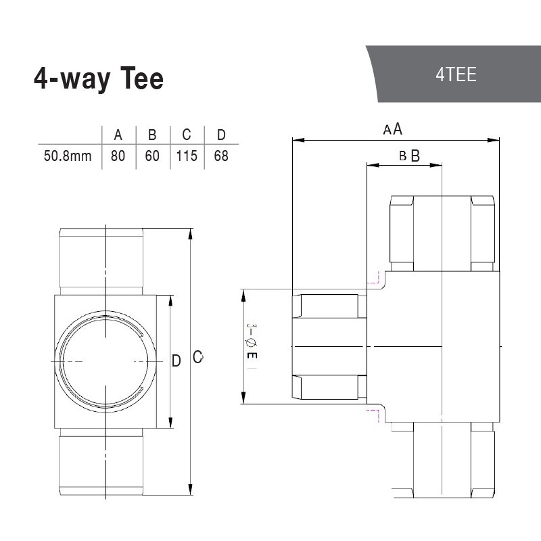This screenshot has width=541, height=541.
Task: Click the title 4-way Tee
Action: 99,79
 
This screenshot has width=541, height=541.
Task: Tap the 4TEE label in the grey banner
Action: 456,74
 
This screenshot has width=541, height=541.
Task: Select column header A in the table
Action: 118,135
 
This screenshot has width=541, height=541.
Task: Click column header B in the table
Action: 152,135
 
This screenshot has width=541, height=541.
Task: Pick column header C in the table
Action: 187,135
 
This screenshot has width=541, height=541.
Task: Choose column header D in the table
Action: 221,135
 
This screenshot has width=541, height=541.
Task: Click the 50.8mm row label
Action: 68,156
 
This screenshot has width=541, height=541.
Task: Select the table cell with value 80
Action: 118,156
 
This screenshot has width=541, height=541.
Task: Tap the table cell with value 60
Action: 152,156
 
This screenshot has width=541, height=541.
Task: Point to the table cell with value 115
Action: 187,156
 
